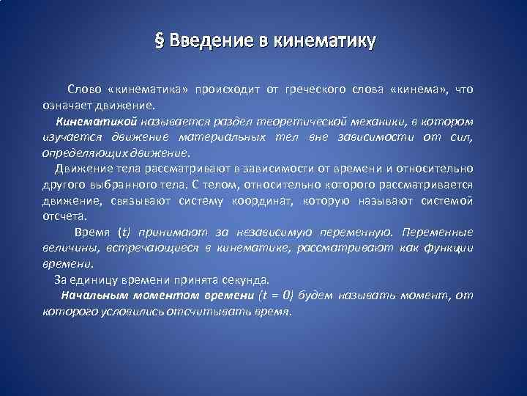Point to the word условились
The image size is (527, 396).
point(128,312)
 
